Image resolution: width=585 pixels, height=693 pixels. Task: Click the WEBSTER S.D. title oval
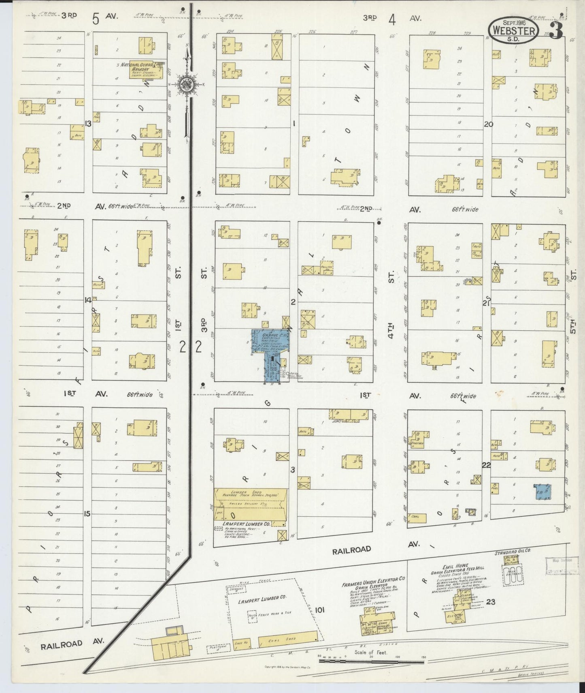tap(513, 30)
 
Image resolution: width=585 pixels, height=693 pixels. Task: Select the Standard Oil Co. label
tap(513, 552)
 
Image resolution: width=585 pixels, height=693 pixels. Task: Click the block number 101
tap(319, 610)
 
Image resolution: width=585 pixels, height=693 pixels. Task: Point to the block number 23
tap(490, 602)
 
